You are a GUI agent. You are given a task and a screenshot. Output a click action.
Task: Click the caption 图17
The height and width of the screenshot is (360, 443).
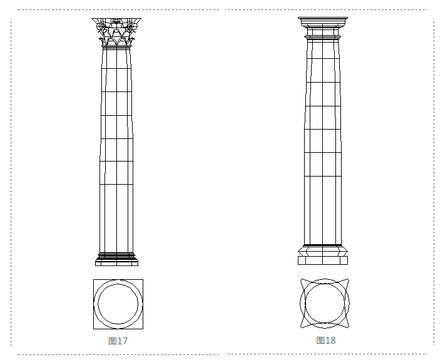click(118, 341)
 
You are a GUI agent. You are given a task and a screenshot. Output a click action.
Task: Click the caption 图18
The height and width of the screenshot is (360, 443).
click(326, 340)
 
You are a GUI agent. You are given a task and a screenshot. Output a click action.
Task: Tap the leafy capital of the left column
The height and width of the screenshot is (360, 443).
click(116, 32)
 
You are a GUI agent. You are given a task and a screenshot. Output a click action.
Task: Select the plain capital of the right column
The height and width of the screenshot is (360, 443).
click(323, 28)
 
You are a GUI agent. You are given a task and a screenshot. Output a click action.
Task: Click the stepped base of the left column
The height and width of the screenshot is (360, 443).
click(116, 259)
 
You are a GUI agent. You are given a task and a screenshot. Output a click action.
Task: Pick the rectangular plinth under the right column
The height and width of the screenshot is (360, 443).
click(323, 260)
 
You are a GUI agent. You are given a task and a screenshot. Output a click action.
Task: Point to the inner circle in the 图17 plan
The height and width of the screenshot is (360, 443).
click(118, 284)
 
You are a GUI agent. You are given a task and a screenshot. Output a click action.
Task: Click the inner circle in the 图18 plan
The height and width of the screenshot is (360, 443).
click(325, 284)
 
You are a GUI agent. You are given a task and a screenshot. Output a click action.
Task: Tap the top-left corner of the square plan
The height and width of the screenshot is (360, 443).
click(93, 280)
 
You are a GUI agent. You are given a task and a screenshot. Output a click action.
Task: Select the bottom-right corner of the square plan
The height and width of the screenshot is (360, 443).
click(143, 329)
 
